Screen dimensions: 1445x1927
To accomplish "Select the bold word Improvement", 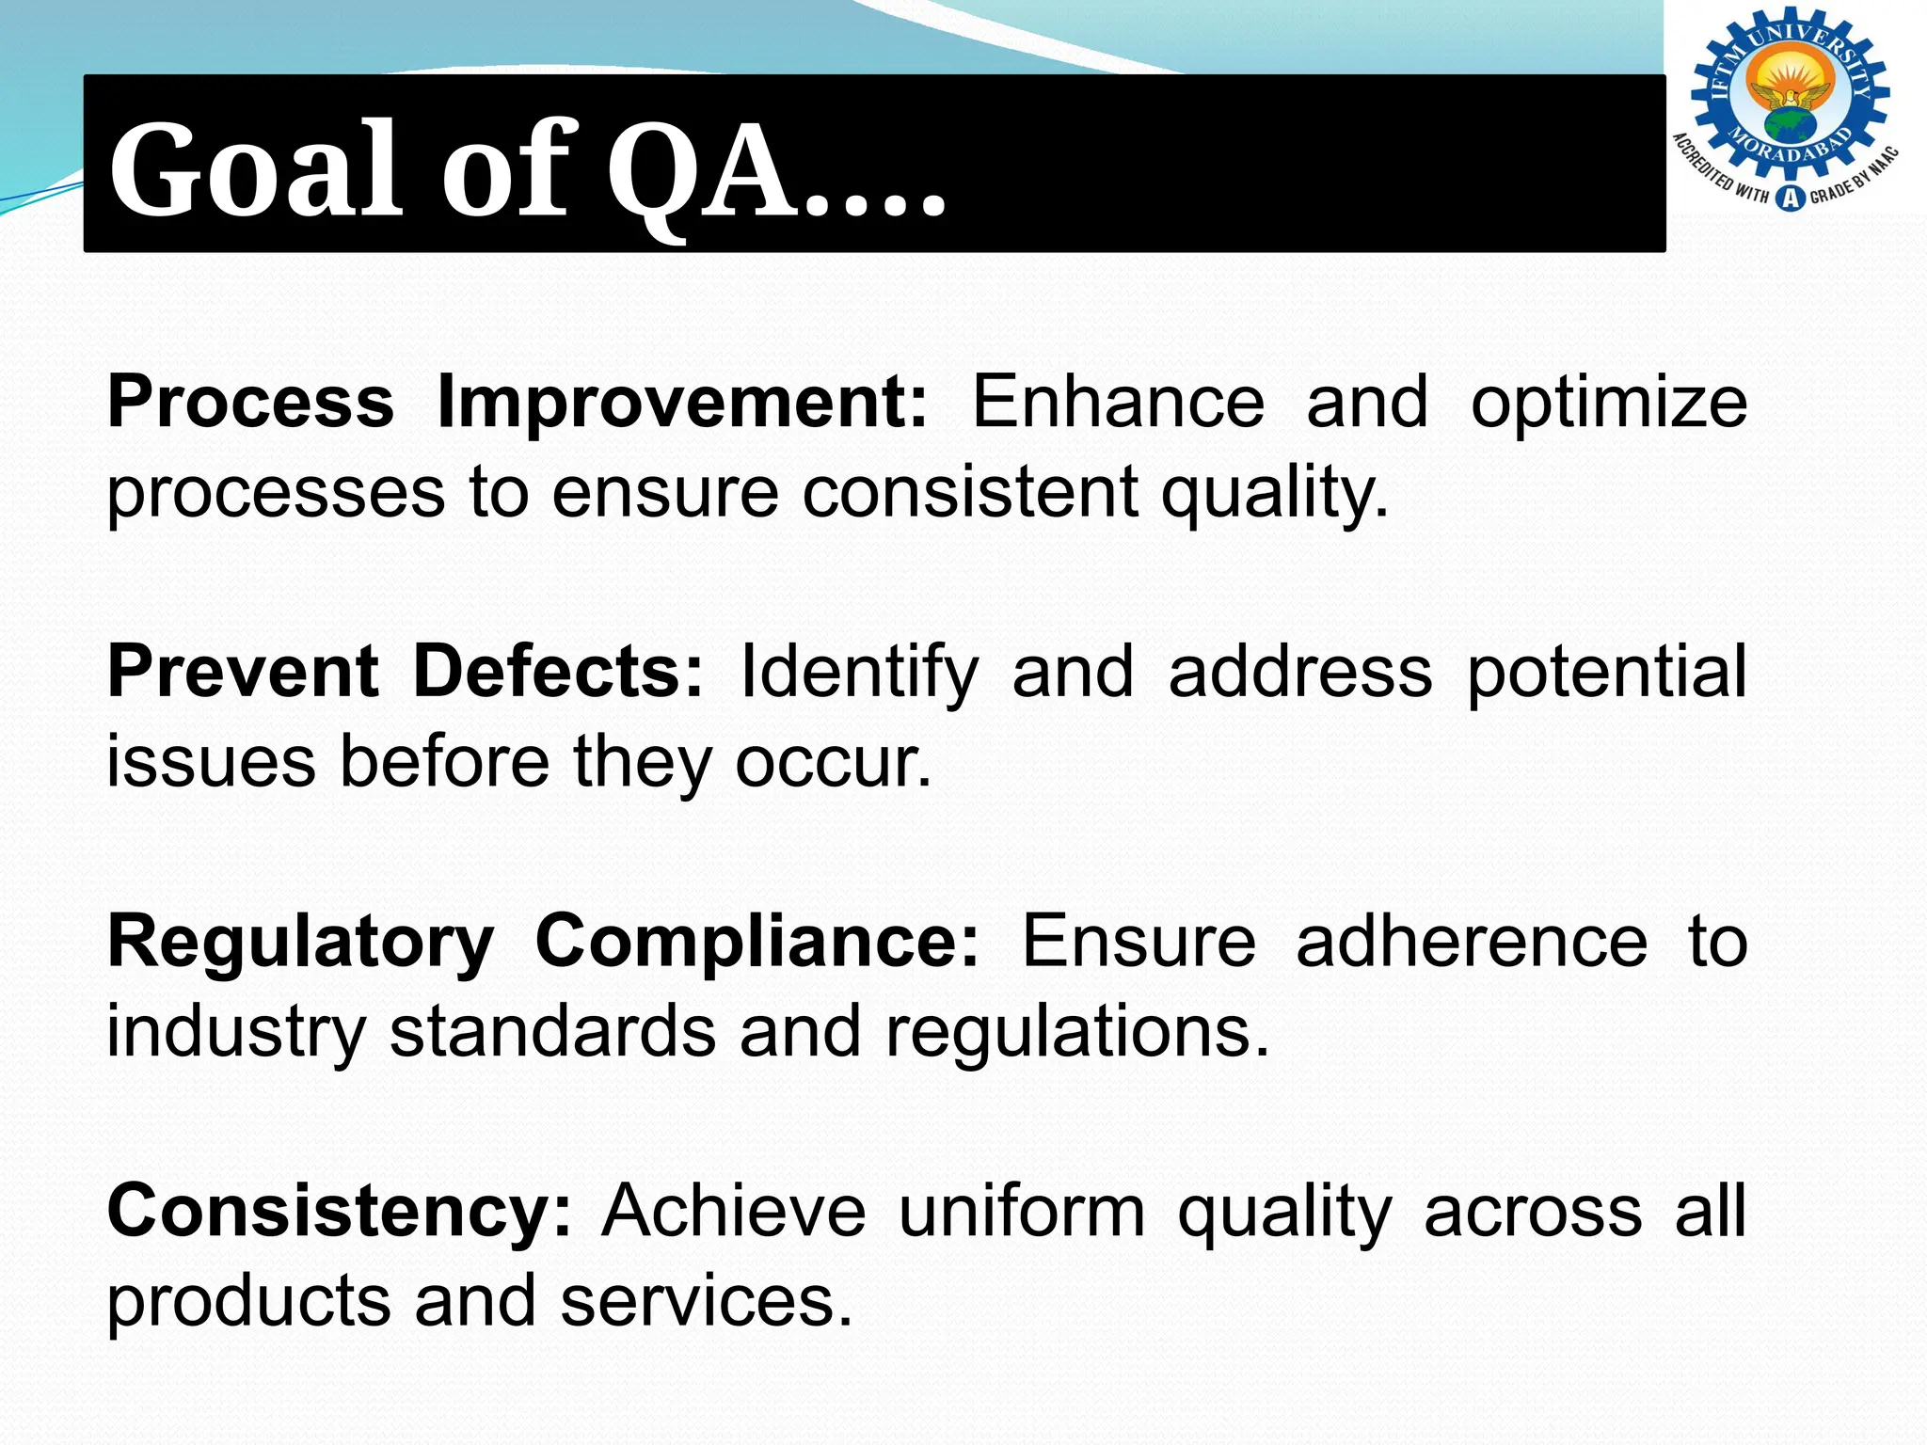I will (682, 403).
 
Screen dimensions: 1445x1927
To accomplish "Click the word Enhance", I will (1118, 403).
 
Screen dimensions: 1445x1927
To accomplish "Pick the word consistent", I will (969, 492).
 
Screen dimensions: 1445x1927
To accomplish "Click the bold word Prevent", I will (243, 672).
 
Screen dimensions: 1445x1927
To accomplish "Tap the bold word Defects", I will (558, 672).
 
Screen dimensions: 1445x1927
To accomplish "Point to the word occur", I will (833, 762).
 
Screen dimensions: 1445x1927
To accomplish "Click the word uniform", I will (1022, 1212).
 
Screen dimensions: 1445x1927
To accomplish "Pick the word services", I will (707, 1301).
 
